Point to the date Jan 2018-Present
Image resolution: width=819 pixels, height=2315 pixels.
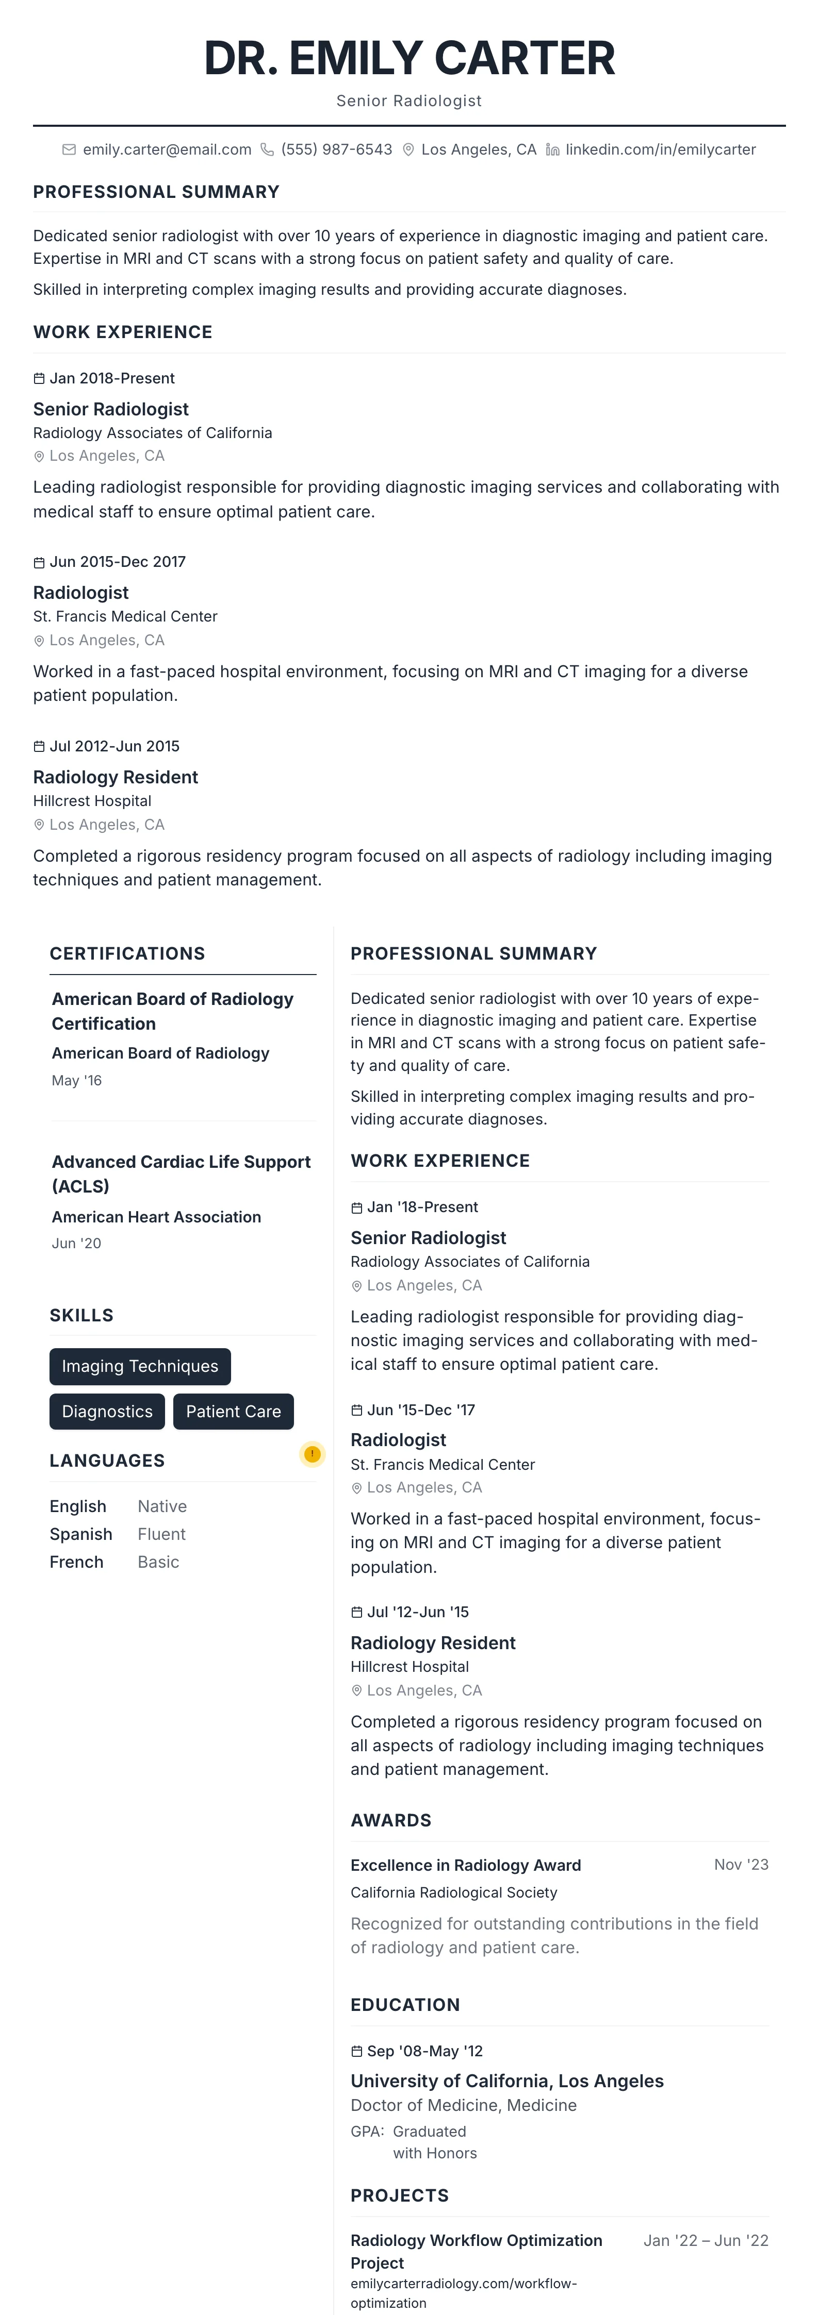(111, 378)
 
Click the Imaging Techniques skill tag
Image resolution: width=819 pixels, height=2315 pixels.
(140, 1366)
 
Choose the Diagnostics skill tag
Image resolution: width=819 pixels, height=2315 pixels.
(107, 1411)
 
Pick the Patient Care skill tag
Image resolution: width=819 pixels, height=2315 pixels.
(233, 1411)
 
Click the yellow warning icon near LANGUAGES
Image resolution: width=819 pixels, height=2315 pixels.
(312, 1454)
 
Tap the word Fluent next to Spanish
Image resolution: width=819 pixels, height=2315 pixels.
(162, 1534)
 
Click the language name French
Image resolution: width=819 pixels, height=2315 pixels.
(76, 1562)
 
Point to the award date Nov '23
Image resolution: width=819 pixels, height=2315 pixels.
(741, 1865)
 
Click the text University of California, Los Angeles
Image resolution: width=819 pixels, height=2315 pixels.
(507, 2082)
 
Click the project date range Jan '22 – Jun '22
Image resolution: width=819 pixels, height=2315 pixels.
(706, 2240)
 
